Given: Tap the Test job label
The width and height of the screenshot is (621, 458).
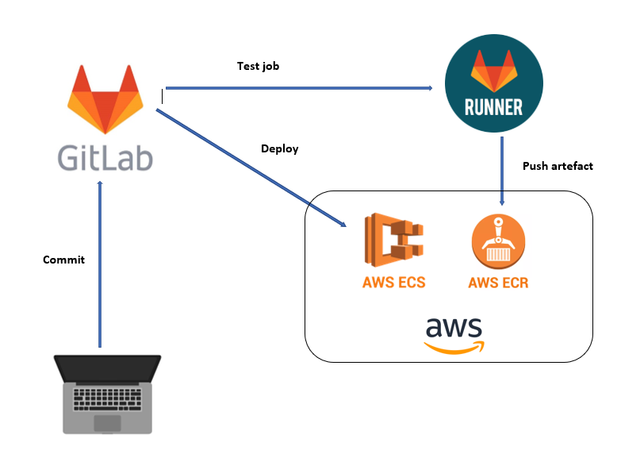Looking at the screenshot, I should tap(258, 67).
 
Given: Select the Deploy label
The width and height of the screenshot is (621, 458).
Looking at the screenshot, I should tap(279, 148).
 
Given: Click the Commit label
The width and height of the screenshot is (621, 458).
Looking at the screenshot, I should tap(63, 260).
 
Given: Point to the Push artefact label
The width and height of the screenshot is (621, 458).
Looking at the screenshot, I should tap(558, 166).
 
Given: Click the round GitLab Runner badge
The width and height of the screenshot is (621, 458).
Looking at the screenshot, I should tap(495, 86).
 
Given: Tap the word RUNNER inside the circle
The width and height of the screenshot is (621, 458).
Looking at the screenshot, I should tap(495, 106).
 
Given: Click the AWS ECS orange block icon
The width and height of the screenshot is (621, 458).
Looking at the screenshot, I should tap(394, 239).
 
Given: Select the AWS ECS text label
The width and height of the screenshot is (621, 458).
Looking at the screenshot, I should tap(393, 282).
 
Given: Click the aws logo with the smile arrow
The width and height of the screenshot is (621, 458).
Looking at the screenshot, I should tap(454, 334).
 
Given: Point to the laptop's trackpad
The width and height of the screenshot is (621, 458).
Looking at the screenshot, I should tap(107, 422).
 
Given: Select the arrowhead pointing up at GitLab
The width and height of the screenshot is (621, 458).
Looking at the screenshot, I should tap(100, 185).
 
